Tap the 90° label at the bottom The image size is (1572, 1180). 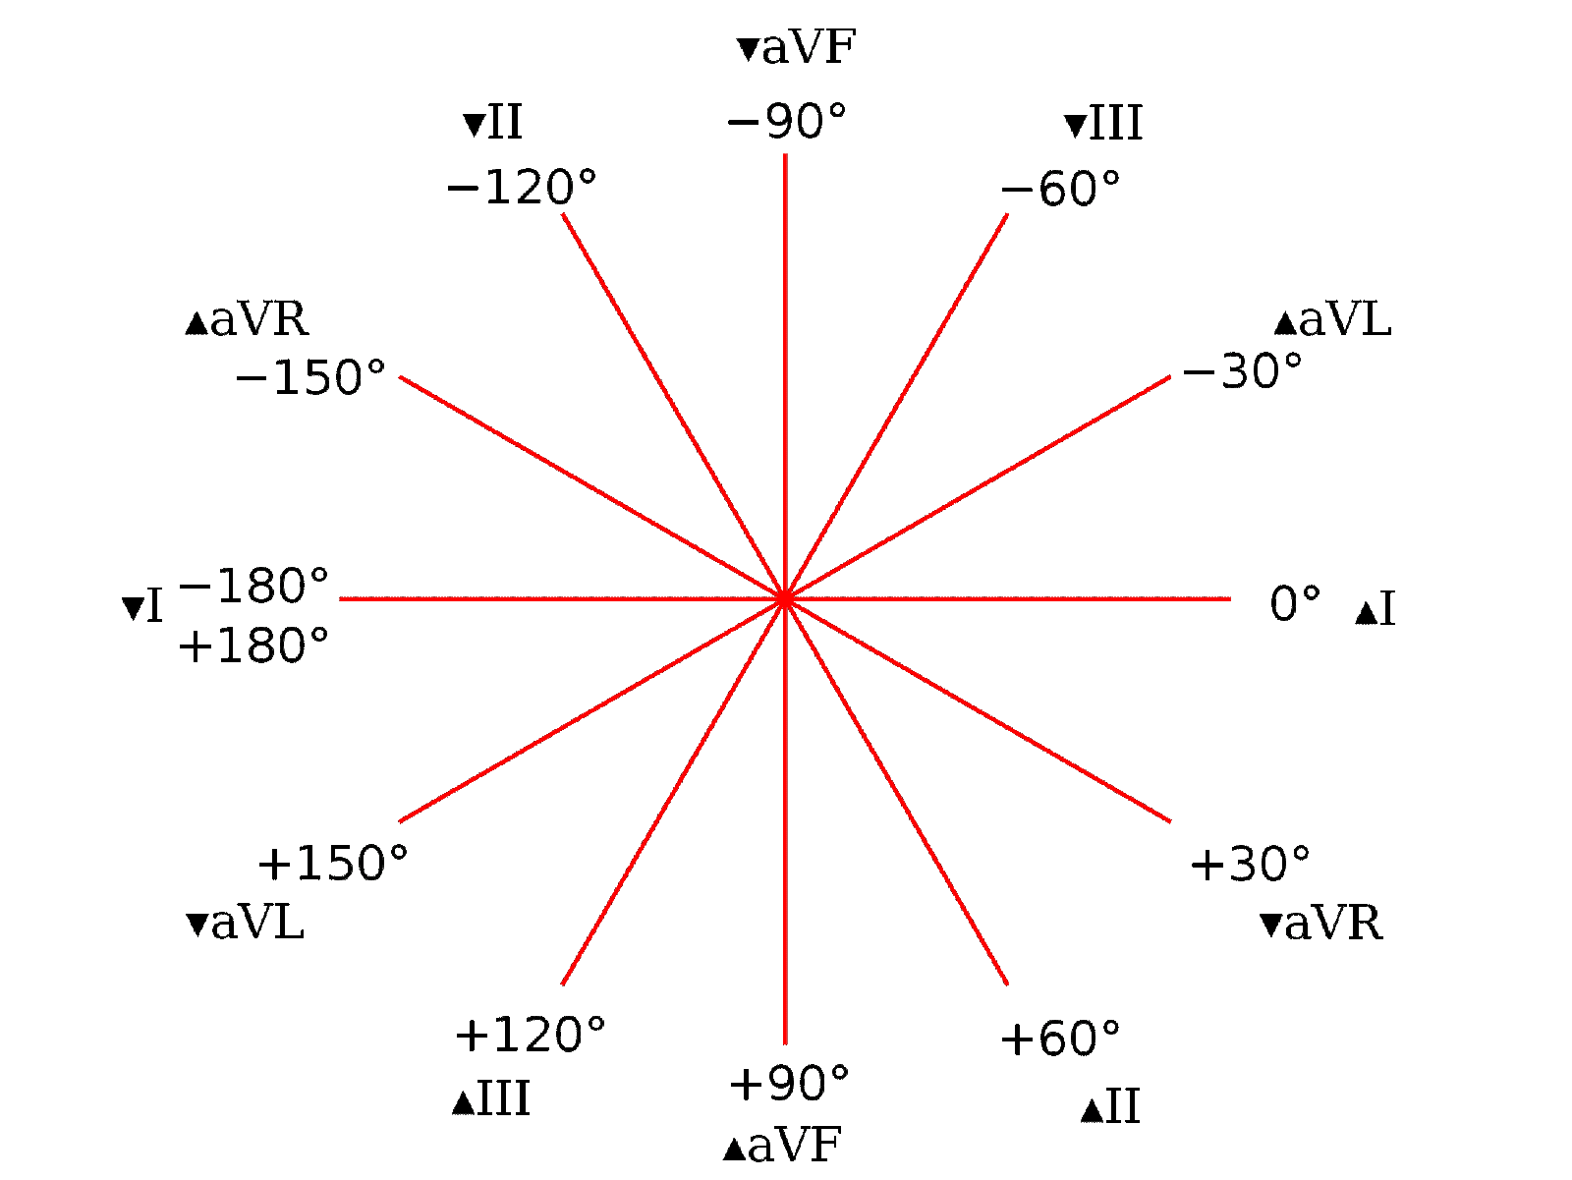[808, 1083]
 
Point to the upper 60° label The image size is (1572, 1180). [1079, 187]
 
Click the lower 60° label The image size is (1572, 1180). [1078, 1038]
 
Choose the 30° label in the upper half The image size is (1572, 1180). [1263, 371]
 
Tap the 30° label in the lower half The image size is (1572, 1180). [1269, 864]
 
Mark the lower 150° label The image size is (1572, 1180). [353, 863]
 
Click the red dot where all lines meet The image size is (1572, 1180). [784, 598]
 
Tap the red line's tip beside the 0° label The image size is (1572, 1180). [1230, 598]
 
